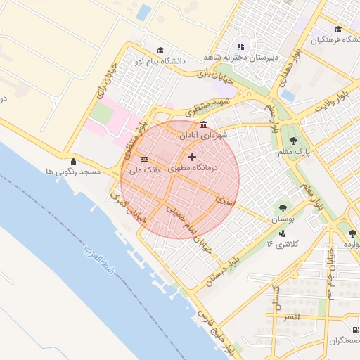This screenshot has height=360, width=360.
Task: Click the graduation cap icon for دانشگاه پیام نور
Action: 160,51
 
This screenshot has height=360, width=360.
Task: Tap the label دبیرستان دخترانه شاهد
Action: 241,56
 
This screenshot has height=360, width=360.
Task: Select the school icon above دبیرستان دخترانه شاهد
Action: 241,46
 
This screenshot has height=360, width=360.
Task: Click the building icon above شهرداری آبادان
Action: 203,125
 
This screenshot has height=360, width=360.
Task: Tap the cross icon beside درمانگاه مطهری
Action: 192,157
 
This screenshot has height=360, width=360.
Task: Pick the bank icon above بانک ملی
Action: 144,160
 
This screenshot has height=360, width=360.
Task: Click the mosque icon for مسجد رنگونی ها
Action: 73,161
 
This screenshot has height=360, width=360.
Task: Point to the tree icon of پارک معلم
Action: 293,141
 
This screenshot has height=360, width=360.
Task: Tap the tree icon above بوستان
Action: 282,208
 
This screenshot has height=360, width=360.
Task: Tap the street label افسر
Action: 288,318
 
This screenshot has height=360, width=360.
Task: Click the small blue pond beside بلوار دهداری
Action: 288,95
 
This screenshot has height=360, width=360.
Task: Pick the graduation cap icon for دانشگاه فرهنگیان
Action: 338,30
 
